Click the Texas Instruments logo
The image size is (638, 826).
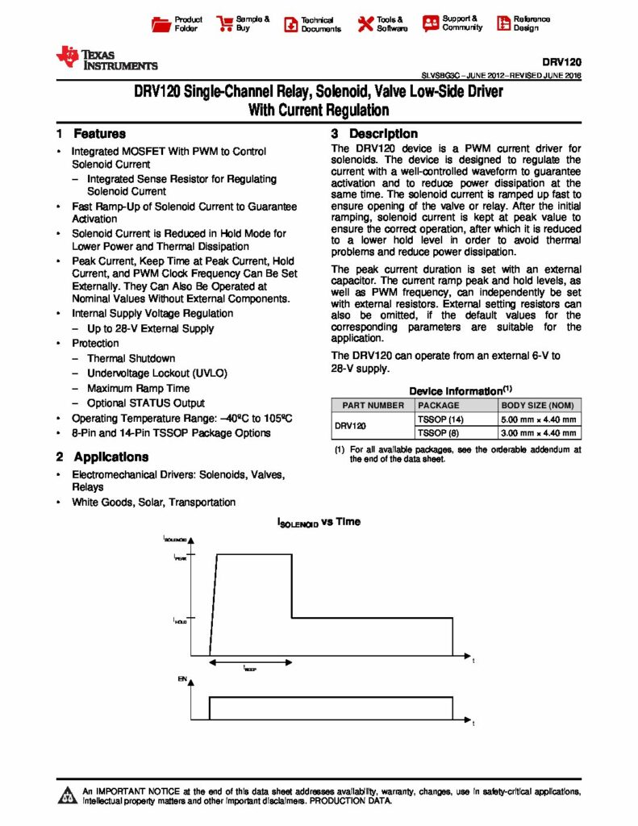point(106,58)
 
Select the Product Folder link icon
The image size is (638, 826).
point(161,23)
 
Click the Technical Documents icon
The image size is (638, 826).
point(290,24)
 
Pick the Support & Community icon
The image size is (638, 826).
point(430,23)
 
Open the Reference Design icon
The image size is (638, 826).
point(502,23)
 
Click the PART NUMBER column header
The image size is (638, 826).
point(373,406)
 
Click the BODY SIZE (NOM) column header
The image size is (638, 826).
point(539,406)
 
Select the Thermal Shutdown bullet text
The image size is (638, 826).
point(131,358)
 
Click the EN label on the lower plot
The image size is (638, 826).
point(181,680)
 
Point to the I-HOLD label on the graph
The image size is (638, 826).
point(179,621)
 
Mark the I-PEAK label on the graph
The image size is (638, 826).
point(179,557)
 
